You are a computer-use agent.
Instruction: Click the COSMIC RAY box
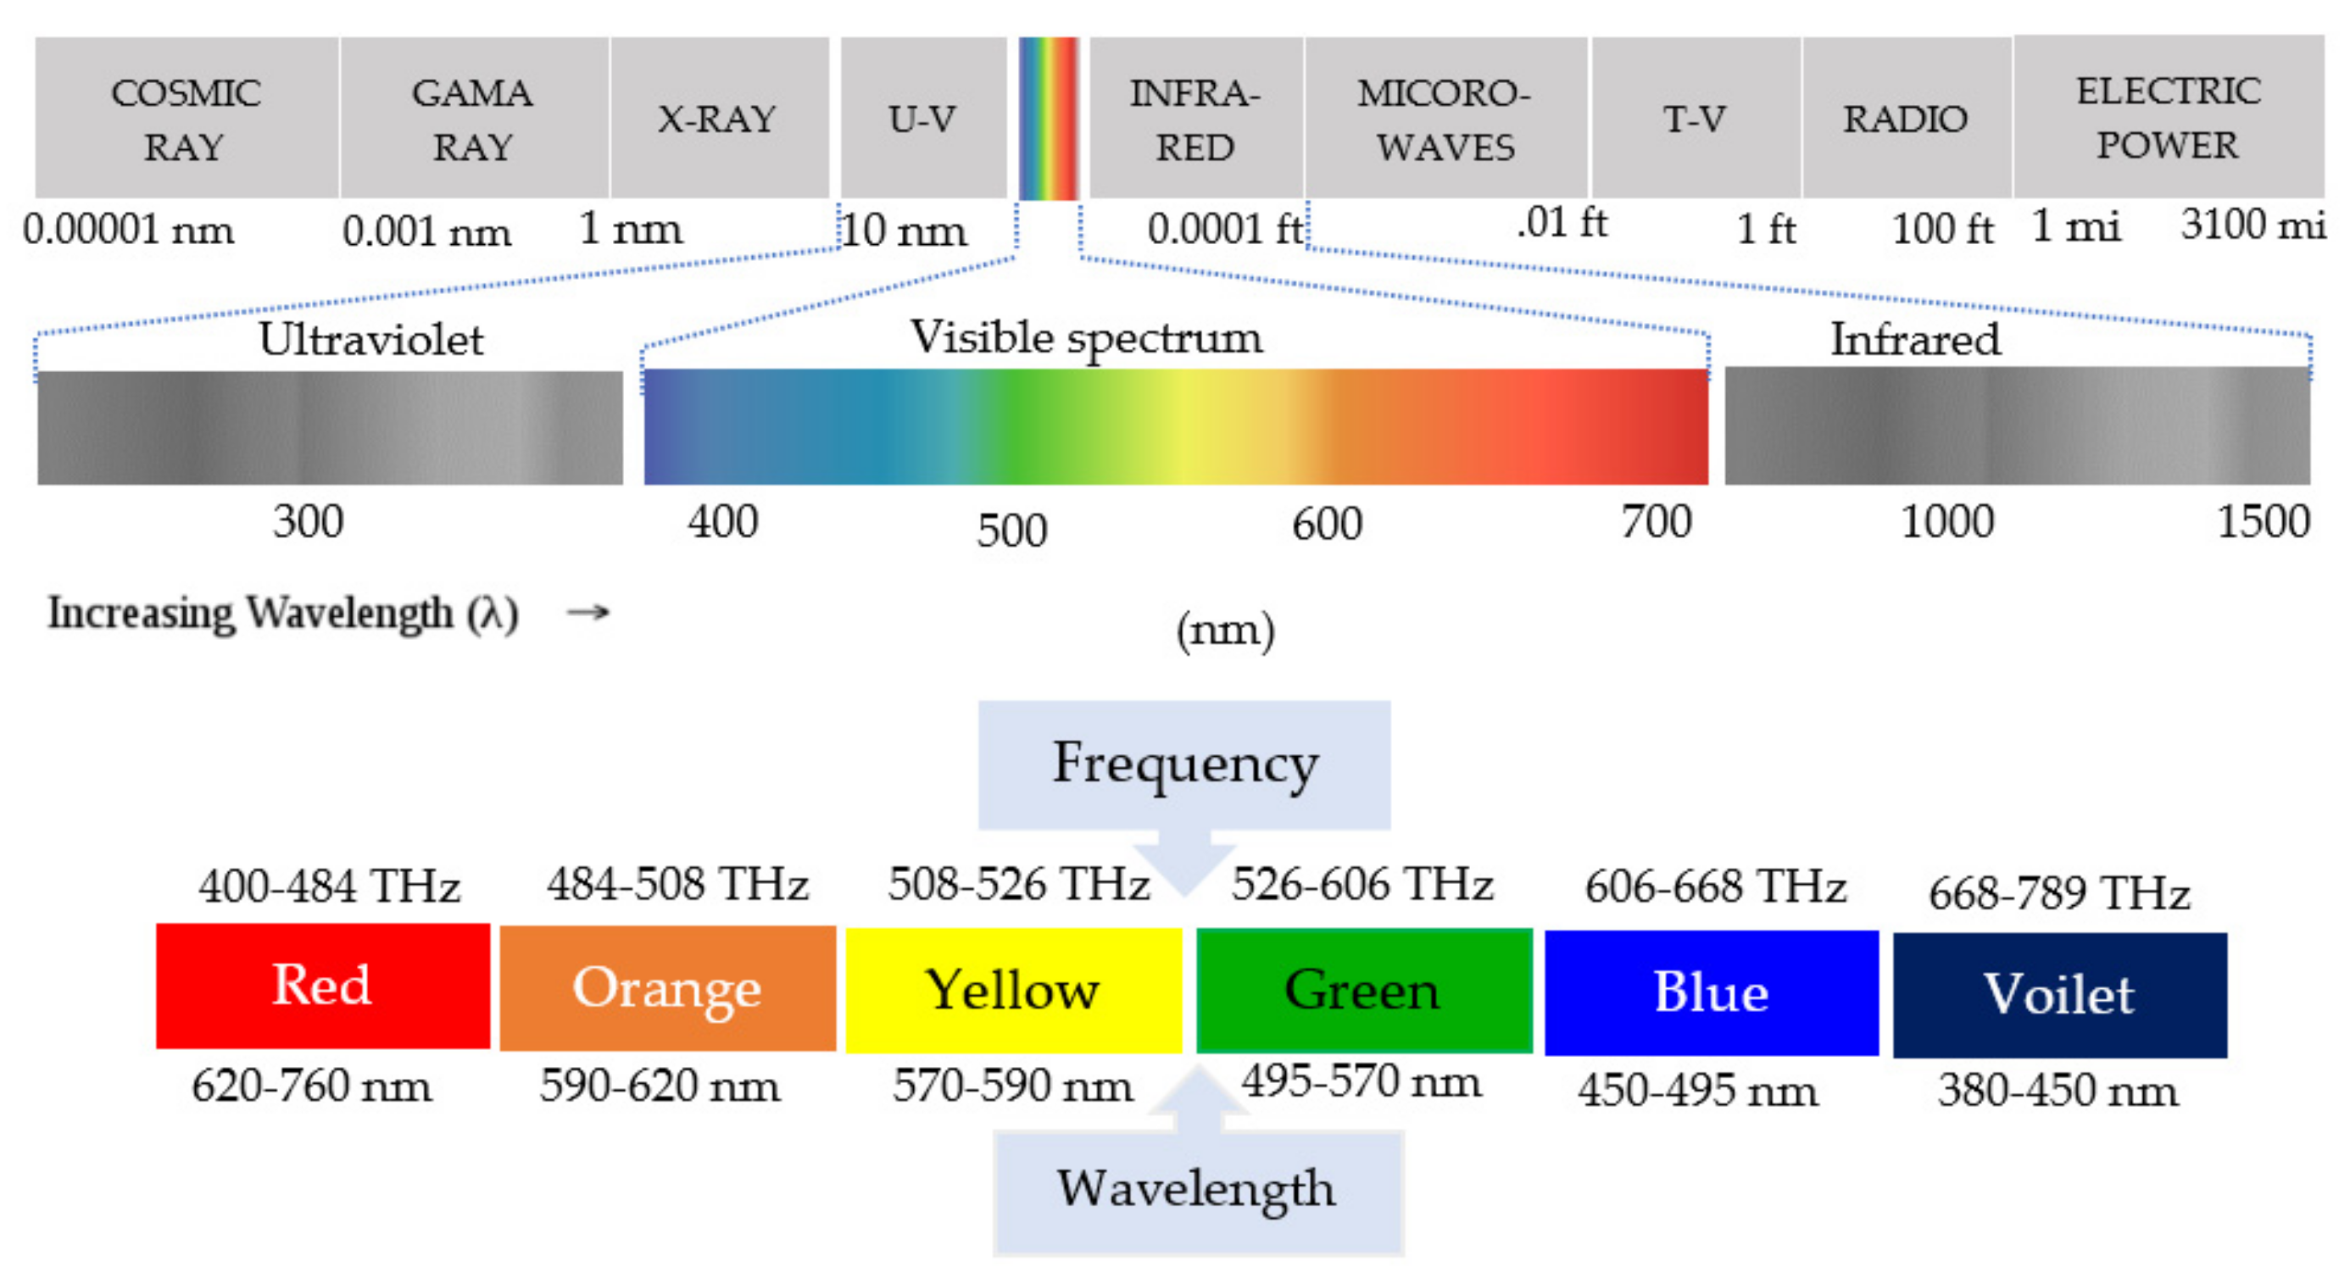[187, 119]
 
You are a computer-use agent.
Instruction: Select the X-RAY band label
[718, 119]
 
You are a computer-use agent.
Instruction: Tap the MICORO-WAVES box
[1446, 119]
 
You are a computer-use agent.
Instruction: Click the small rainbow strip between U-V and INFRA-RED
[1048, 119]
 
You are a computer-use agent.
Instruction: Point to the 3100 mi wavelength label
[2253, 225]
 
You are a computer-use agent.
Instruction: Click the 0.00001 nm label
[129, 230]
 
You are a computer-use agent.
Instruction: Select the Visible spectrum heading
[1086, 338]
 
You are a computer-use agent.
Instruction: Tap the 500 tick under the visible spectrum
[1011, 531]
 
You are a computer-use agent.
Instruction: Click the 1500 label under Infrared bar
[2263, 523]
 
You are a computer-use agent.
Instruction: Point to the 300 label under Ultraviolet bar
[309, 523]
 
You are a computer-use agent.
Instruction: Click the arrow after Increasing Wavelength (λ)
[587, 612]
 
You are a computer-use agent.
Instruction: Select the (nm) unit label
[1225, 631]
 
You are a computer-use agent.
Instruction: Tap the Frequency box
[1184, 764]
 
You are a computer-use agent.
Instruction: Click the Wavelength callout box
[1197, 1191]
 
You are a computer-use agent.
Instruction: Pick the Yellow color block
[1014, 990]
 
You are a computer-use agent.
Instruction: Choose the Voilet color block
[2059, 994]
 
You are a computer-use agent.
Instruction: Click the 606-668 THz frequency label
[1714, 886]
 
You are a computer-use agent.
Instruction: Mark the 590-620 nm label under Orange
[660, 1086]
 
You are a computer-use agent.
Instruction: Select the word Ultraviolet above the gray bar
[370, 340]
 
